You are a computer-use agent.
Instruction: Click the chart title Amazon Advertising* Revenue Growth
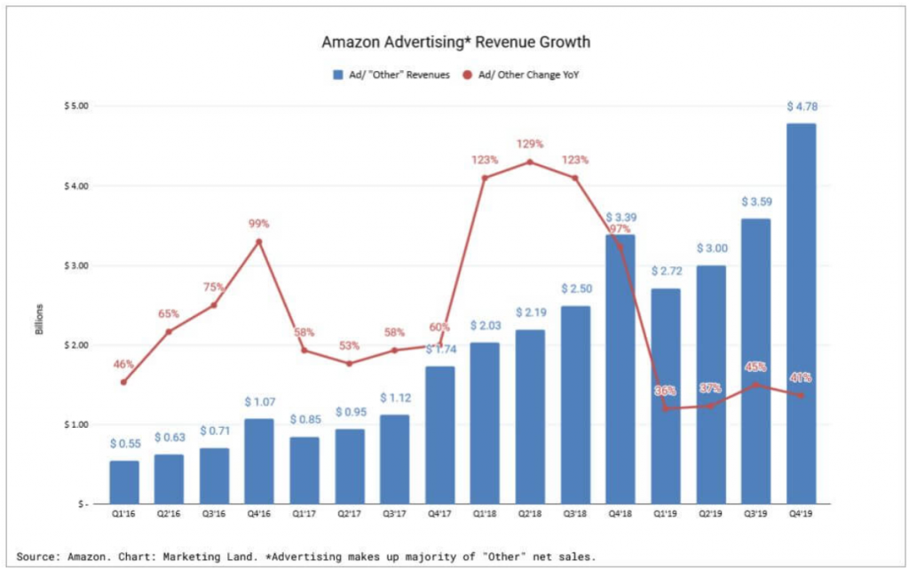(x=455, y=42)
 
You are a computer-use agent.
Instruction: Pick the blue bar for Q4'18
(x=620, y=373)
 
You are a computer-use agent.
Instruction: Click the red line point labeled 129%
(x=530, y=162)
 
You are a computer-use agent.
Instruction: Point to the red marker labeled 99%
(x=259, y=241)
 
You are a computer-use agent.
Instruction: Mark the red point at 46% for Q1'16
(x=123, y=383)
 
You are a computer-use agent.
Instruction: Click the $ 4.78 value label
(x=802, y=107)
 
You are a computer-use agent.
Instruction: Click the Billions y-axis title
(x=39, y=320)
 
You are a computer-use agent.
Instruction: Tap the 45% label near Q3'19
(x=755, y=367)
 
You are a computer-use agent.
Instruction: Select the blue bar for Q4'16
(x=259, y=461)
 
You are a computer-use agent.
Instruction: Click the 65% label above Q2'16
(x=169, y=313)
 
